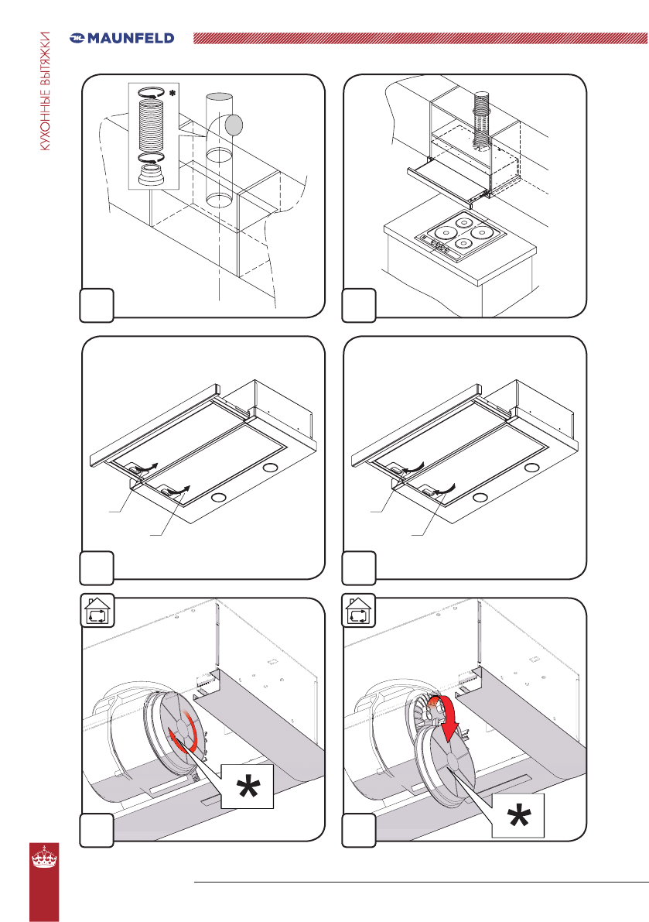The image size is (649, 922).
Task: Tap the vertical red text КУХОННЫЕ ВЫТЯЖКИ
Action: coord(46,91)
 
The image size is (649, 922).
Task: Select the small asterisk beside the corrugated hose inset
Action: coord(172,93)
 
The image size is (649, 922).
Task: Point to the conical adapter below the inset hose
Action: coord(152,176)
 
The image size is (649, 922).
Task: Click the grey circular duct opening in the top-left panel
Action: coord(234,124)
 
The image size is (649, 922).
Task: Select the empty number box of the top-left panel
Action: coord(97,305)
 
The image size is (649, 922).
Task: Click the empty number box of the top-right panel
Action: coord(359,305)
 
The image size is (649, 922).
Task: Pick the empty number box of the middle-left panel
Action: coord(97,567)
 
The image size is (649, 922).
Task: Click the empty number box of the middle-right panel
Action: coord(359,567)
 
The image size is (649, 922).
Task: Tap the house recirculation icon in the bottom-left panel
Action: coord(97,611)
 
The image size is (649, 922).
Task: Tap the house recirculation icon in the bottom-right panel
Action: coord(359,611)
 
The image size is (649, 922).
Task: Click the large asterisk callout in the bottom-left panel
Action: coord(248,787)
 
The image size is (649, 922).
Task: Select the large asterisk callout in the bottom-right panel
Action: coord(518,816)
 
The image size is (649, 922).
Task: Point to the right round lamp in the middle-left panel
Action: coord(271,468)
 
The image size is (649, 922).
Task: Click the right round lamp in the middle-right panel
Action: coord(533,468)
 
